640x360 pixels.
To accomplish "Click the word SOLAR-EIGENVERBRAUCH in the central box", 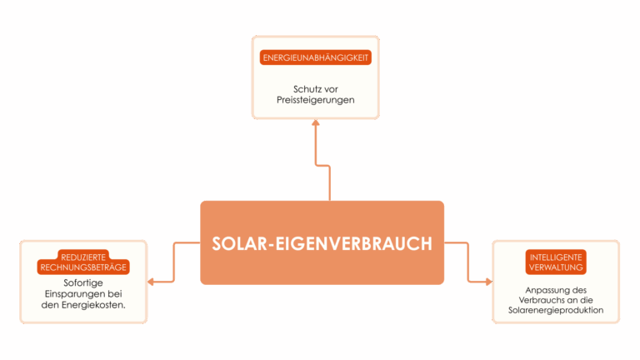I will point(322,243).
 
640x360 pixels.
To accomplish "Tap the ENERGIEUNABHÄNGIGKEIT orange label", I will point(316,58).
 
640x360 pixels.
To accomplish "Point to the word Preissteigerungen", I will point(316,100).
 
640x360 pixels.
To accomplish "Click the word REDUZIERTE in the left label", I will point(82,257).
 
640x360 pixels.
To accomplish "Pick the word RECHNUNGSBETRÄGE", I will point(82,267).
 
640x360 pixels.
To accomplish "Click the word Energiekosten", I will point(97,305).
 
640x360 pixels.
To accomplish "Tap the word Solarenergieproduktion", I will point(556,311).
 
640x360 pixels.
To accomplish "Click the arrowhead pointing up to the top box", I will point(316,122).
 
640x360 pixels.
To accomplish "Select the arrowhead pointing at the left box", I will point(152,282).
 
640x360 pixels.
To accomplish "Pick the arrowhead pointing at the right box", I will point(488,282).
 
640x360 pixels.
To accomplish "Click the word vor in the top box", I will point(331,89).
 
